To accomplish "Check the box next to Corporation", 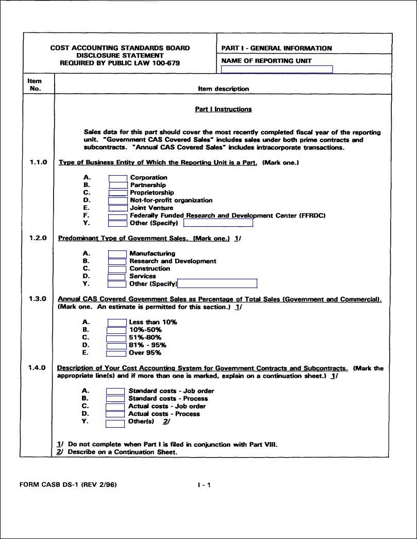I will tap(118, 178).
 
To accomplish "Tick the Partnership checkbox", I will tap(118, 186).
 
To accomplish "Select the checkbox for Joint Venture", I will tap(118, 208).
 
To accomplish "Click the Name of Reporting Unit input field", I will tap(277, 70).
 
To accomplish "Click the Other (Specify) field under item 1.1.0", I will tap(218, 223).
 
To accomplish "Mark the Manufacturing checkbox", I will tap(117, 254).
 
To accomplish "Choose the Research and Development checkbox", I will tap(117, 261).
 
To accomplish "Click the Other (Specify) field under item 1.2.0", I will tap(217, 283).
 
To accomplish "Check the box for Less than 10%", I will tap(117, 323).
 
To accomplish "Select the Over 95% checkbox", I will tap(116, 353).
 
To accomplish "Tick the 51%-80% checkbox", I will tap(116, 338).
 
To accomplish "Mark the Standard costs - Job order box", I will tap(115, 391).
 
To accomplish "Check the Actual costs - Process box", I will tap(115, 414).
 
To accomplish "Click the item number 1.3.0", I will tap(38, 299).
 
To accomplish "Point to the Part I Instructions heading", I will tap(223, 109).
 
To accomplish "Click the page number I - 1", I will tap(205, 485).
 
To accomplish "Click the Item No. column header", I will tap(35, 85).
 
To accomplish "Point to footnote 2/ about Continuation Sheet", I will tap(118, 452).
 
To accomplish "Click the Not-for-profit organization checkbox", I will tap(118, 200).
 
